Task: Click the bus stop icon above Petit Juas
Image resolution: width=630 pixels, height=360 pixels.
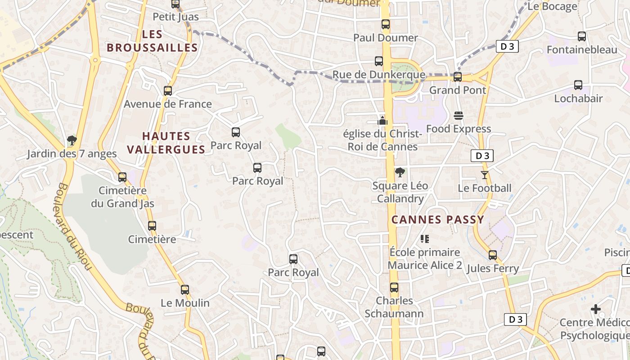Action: coord(175,4)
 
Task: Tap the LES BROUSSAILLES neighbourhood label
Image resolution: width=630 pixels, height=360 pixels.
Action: coord(152,41)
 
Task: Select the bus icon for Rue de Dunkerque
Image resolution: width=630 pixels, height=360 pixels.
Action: coord(379,61)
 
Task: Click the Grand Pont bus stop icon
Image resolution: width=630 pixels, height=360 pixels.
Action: coord(458,76)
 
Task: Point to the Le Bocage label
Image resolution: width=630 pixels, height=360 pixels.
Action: coord(552,6)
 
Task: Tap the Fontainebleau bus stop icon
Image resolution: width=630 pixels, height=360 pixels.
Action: coord(582,36)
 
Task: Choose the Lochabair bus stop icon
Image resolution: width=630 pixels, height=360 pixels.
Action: coord(578,85)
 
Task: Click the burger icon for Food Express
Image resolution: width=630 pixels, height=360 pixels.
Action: coord(459,116)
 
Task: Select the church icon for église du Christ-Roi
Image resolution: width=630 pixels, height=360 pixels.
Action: coord(382,120)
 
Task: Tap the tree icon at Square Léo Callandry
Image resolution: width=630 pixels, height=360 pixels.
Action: coord(400,172)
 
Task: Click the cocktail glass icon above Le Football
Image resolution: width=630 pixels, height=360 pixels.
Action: coord(485,175)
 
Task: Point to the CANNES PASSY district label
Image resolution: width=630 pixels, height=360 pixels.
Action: coord(437,220)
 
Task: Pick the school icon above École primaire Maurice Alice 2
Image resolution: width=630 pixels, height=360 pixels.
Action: coord(425,238)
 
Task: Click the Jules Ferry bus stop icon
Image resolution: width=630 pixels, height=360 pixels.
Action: coord(493,255)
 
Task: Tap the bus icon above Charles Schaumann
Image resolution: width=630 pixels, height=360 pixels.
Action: coord(394,287)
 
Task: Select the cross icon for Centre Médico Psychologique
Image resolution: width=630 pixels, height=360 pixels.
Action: coord(596,309)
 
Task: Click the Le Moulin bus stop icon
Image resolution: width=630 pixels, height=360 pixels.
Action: coord(185,289)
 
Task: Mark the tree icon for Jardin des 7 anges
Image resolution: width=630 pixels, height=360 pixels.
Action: coord(72,140)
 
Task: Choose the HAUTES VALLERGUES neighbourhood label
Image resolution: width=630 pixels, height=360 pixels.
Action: coord(166,143)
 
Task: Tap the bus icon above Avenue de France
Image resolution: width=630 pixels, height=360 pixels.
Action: coord(168,90)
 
